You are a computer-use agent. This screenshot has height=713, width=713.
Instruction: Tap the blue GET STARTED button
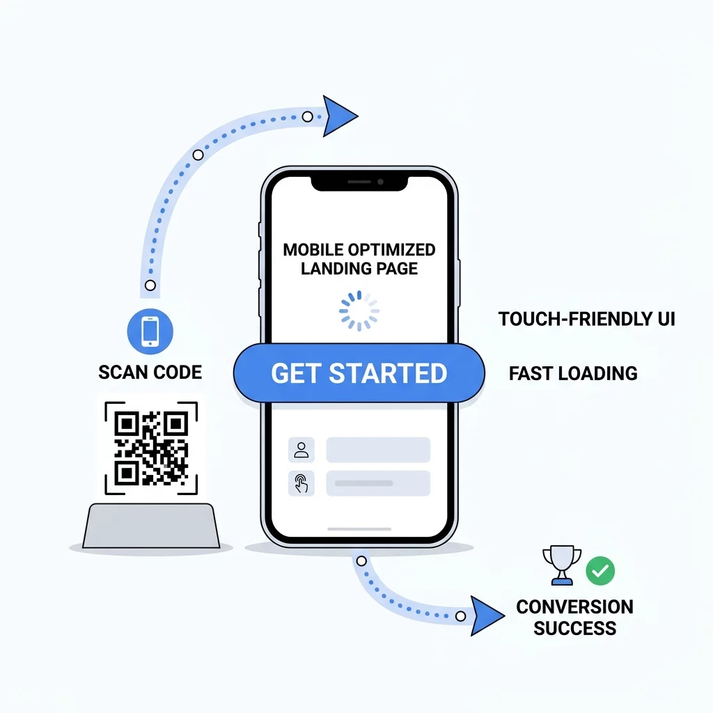pyautogui.click(x=359, y=373)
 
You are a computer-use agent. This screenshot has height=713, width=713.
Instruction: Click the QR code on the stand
pyautogui.click(x=151, y=448)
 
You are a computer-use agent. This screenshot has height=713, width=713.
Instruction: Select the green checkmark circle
pyautogui.click(x=600, y=571)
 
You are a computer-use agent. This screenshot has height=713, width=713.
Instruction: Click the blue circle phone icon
pyautogui.click(x=150, y=331)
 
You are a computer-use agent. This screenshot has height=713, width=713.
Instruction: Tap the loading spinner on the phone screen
pyautogui.click(x=359, y=311)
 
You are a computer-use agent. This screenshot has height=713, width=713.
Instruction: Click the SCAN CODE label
pyautogui.click(x=150, y=373)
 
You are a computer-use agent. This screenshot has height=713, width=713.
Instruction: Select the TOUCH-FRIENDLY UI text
pyautogui.click(x=586, y=319)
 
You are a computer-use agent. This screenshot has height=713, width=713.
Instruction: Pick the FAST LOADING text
pyautogui.click(x=573, y=373)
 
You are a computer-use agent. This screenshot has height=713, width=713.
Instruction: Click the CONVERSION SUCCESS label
pyautogui.click(x=574, y=618)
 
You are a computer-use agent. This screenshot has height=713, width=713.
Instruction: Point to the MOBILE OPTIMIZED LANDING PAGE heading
pyautogui.click(x=359, y=259)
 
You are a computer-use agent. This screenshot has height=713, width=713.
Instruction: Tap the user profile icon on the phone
pyautogui.click(x=301, y=450)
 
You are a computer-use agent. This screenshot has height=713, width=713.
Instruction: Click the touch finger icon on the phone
pyautogui.click(x=301, y=483)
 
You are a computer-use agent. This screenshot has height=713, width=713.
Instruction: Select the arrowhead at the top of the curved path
pyautogui.click(x=340, y=116)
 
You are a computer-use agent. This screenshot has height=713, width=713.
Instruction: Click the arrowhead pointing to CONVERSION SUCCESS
pyautogui.click(x=487, y=616)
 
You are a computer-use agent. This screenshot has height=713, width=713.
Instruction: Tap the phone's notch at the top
pyautogui.click(x=359, y=183)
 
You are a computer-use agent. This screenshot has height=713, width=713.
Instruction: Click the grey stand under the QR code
pyautogui.click(x=151, y=526)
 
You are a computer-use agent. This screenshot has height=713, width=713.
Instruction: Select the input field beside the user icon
pyautogui.click(x=378, y=450)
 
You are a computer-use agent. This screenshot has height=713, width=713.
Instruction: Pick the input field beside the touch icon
pyautogui.click(x=378, y=483)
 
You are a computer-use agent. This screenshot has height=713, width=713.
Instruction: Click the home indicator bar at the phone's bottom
pyautogui.click(x=359, y=529)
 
